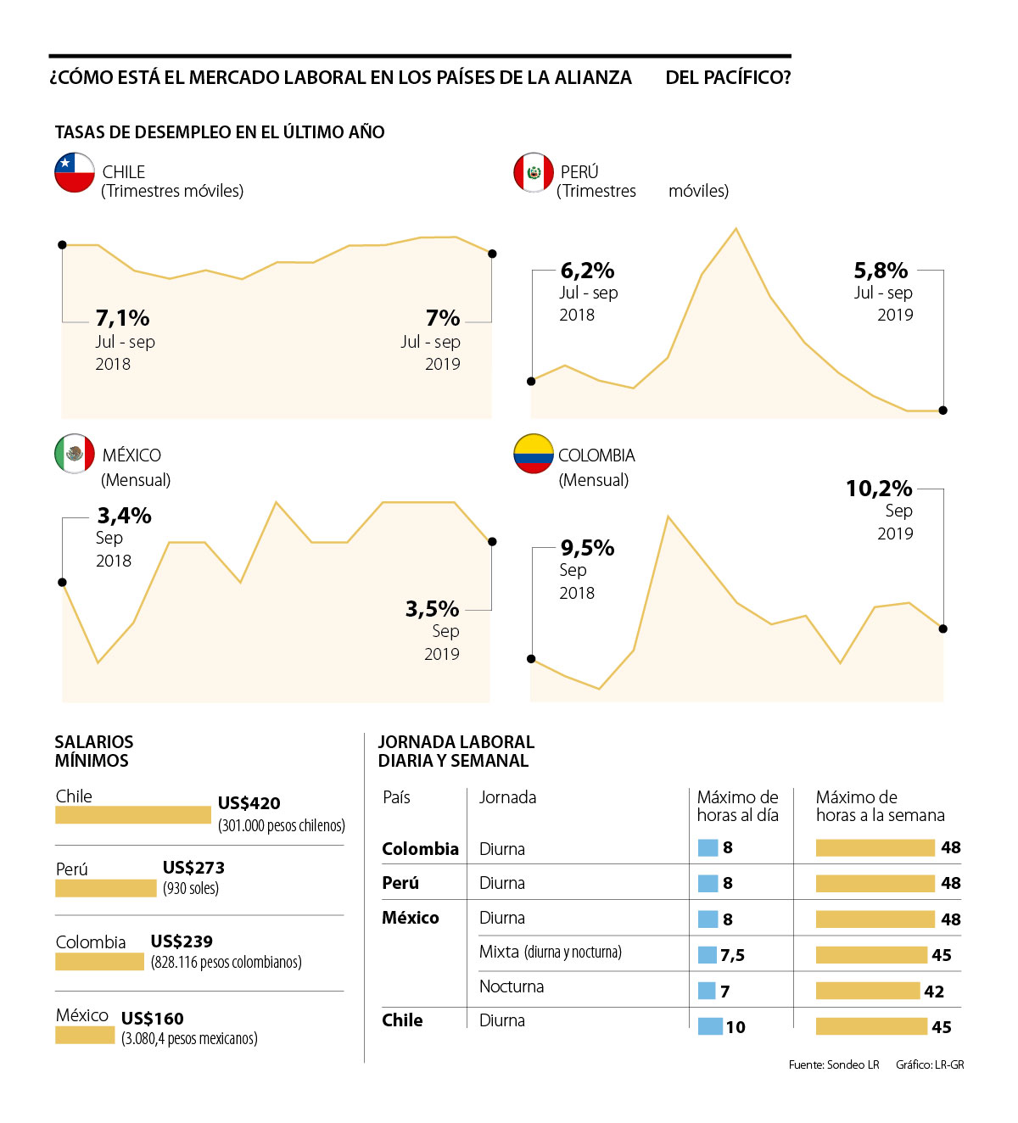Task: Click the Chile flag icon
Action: [75, 172]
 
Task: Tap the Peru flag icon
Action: [534, 172]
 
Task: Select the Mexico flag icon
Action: [75, 454]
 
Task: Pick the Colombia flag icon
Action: [534, 454]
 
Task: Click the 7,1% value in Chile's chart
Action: [122, 318]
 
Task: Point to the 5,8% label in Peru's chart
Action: [881, 271]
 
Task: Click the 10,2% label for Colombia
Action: [879, 489]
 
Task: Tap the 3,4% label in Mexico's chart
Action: [124, 516]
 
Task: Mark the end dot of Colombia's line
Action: [943, 629]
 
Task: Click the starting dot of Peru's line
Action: [531, 381]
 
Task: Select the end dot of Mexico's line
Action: [492, 541]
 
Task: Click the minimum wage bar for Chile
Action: [132, 815]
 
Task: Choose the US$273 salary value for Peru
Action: [193, 868]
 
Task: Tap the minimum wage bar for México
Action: [85, 1036]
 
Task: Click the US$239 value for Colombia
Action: [182, 941]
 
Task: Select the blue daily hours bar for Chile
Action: [710, 1026]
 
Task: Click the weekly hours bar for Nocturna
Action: [868, 991]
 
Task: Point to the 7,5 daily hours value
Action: [732, 955]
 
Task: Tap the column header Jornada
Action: [507, 797]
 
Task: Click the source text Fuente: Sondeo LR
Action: [833, 1064]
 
